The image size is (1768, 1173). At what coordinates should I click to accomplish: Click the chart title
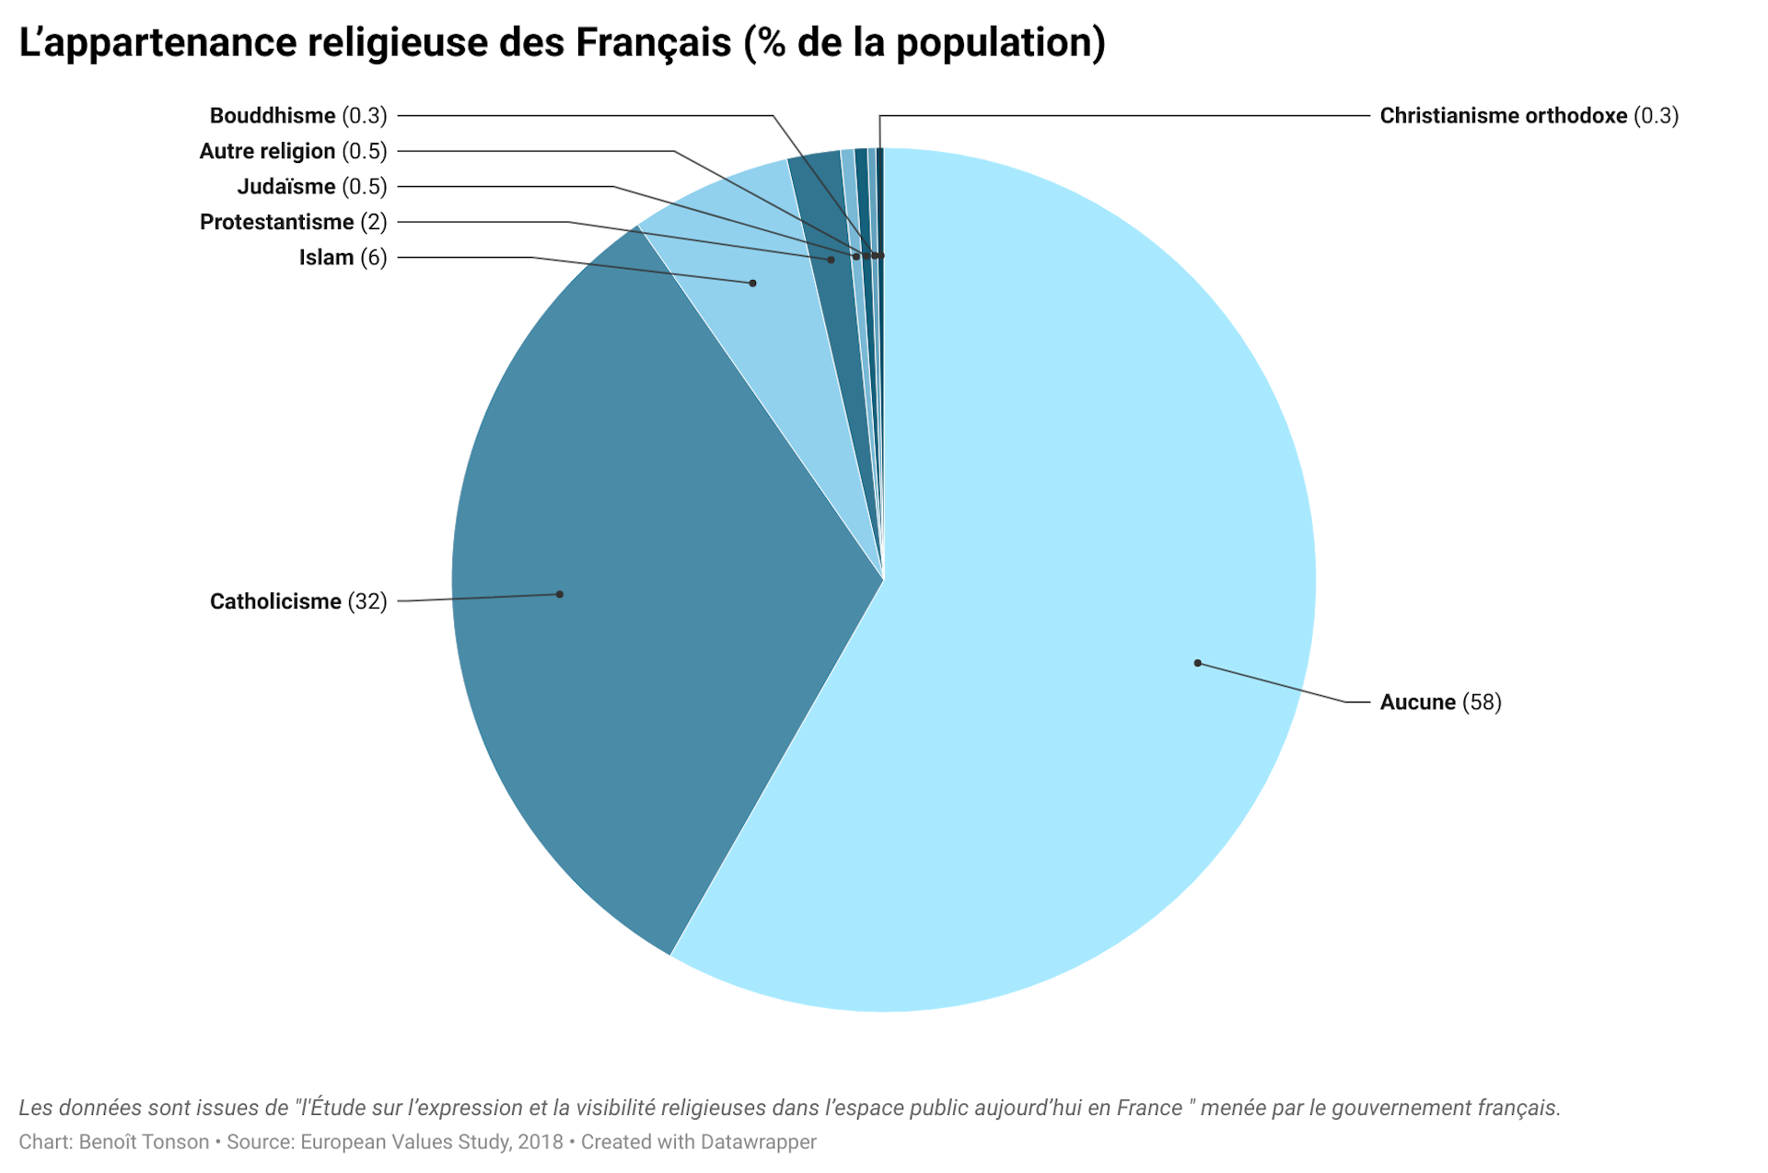tap(562, 43)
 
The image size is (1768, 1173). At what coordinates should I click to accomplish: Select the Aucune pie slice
tap(1059, 552)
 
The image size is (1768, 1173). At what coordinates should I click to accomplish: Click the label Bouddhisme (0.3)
tap(298, 116)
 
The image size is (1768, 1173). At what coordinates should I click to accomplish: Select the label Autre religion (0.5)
tap(293, 151)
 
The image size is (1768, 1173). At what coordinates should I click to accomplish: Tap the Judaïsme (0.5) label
tap(312, 187)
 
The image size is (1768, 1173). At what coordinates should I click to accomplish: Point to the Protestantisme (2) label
tap(293, 222)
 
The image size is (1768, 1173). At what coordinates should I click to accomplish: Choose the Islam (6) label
tap(343, 258)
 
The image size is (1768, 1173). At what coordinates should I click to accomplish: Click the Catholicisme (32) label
tap(298, 601)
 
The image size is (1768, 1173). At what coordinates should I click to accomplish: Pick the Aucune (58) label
tap(1440, 703)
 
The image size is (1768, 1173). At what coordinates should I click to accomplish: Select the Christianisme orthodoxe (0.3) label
tap(1529, 116)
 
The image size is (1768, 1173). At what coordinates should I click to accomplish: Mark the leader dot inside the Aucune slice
tap(1197, 663)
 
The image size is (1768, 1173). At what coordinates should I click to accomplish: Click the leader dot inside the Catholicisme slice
tap(560, 595)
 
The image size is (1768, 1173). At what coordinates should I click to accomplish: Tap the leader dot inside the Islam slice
tap(752, 284)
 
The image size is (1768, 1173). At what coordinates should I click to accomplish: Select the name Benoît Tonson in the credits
tap(144, 1142)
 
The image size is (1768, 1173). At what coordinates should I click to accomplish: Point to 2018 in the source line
tap(540, 1142)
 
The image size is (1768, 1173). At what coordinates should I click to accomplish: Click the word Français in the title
tap(653, 43)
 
